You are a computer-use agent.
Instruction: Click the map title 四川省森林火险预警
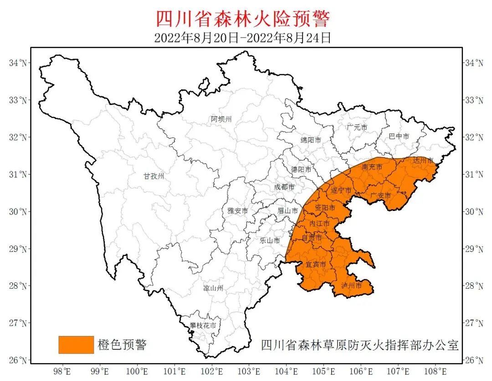point(242,19)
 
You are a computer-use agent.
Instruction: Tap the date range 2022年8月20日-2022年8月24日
point(242,37)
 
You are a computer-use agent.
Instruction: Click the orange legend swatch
point(76,345)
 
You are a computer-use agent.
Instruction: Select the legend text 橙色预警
point(122,345)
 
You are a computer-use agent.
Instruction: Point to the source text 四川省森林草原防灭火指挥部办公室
point(359,345)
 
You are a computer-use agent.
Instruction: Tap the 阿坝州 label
point(221,120)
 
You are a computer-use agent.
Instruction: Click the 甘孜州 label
point(154,176)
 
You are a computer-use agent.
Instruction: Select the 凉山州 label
point(213,288)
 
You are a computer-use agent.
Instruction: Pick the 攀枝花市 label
point(203,326)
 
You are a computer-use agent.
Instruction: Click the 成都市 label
point(284,187)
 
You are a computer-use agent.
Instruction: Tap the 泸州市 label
point(351,286)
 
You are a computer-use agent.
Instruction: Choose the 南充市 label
point(372,167)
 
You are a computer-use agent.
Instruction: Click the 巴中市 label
point(399,136)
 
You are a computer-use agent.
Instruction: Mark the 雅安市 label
point(238,211)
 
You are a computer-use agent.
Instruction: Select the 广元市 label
point(357,128)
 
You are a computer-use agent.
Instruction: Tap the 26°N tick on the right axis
point(474,360)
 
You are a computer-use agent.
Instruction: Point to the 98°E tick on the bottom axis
point(62,371)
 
